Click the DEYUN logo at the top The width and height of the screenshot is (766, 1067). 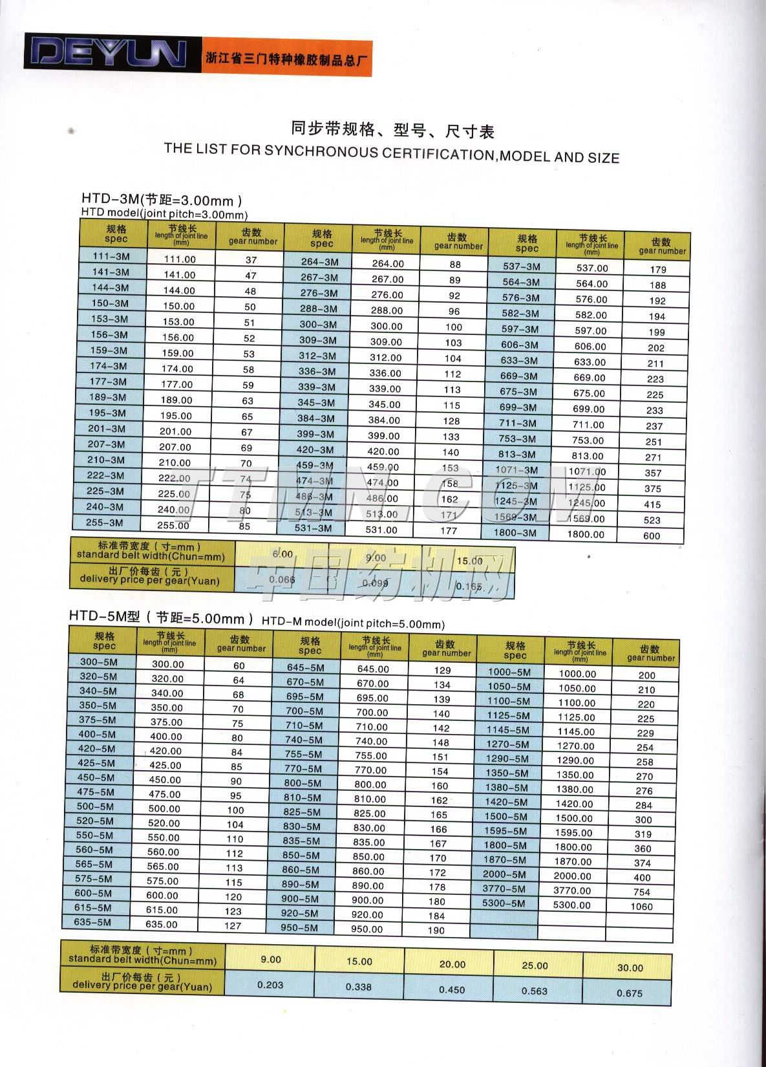(106, 53)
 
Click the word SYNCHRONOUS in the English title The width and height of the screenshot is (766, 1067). (321, 152)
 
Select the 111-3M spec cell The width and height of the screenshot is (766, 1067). (111, 256)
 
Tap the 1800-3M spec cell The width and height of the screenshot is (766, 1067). (515, 532)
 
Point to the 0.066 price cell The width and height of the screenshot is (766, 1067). (282, 579)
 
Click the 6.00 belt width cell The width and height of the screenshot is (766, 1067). (282, 555)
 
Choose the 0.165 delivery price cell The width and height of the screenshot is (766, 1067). (469, 586)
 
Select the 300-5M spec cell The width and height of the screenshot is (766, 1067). (99, 662)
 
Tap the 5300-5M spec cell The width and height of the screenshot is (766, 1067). (504, 903)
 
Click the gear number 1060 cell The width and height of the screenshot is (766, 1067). (641, 907)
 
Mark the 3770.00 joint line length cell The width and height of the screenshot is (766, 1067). (572, 890)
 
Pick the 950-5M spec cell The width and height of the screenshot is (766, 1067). (299, 927)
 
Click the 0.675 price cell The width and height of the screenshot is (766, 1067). (629, 993)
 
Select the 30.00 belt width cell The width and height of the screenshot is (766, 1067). (630, 968)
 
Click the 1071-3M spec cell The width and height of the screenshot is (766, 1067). (516, 470)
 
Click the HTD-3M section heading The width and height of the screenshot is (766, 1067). (162, 199)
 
